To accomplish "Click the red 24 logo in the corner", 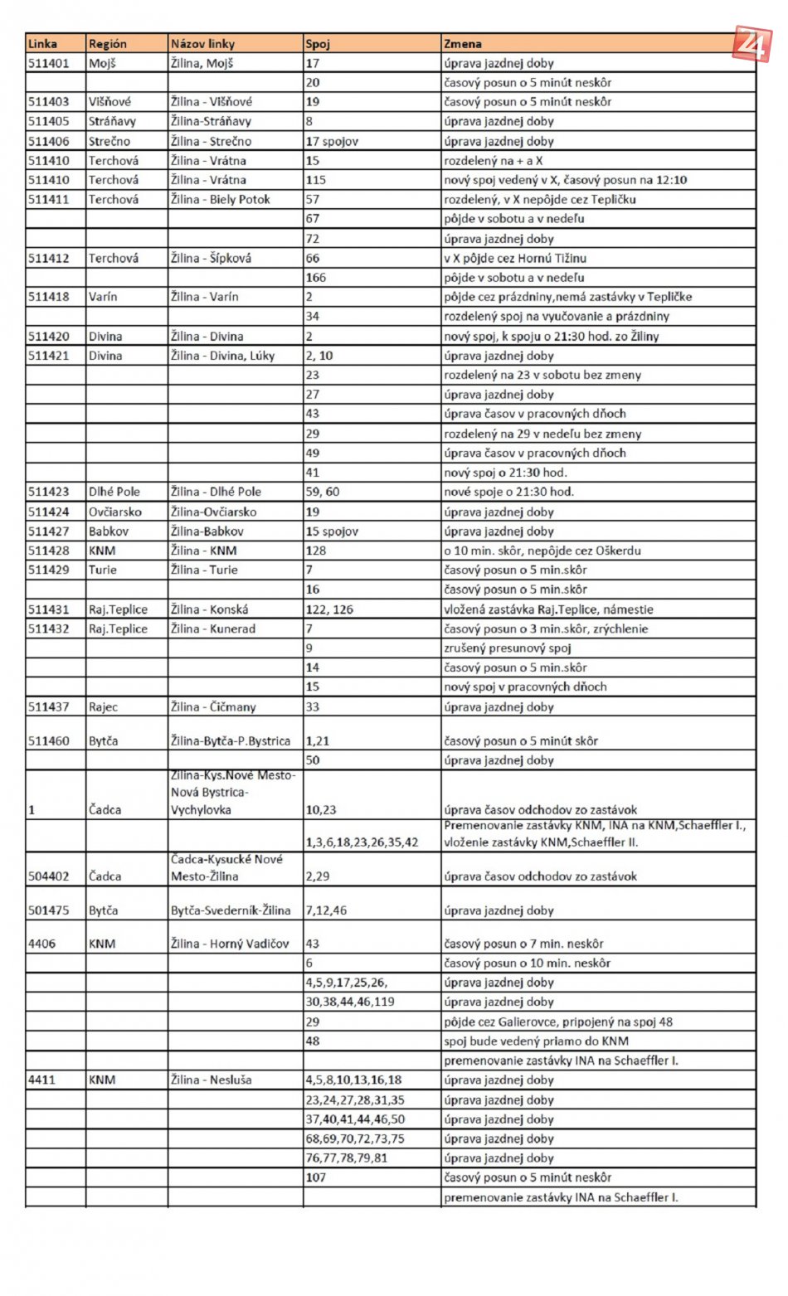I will (x=752, y=43).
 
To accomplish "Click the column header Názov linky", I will (x=202, y=44).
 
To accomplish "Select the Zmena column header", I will (x=462, y=44).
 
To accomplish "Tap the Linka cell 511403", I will (x=49, y=102).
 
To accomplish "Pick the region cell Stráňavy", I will (x=111, y=121).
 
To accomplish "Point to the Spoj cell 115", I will (x=316, y=180).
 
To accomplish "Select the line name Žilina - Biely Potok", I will (x=220, y=200).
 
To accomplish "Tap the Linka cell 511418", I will (x=49, y=297).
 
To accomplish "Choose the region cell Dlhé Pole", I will (x=114, y=492).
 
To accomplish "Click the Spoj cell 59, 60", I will (x=322, y=492).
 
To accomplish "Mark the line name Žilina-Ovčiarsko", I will (x=213, y=512).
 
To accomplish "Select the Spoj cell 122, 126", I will (x=329, y=609).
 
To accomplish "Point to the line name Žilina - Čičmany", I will (x=213, y=707).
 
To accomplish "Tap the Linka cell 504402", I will (x=49, y=876).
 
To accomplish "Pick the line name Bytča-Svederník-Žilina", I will (x=231, y=910).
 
